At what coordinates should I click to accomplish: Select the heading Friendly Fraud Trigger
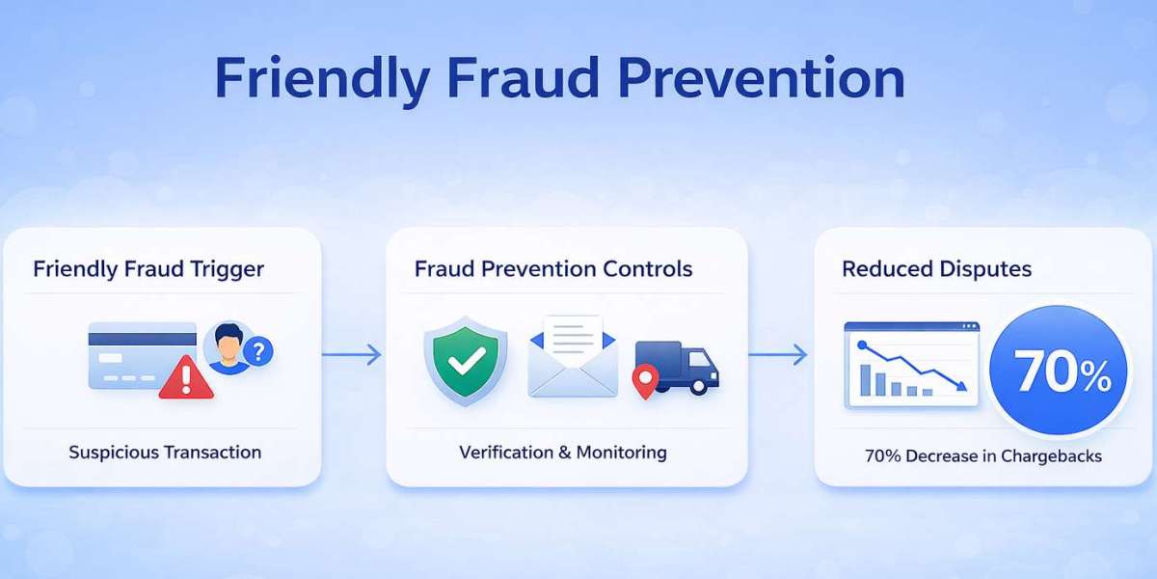pyautogui.click(x=148, y=268)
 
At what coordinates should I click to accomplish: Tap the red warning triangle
pyautogui.click(x=186, y=377)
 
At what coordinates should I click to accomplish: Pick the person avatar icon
pyautogui.click(x=228, y=348)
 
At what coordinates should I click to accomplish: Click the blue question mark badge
pyautogui.click(x=257, y=351)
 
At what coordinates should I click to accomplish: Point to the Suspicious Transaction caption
pyautogui.click(x=165, y=452)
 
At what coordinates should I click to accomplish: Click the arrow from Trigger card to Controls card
pyautogui.click(x=351, y=355)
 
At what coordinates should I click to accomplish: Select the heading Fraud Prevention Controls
pyautogui.click(x=553, y=268)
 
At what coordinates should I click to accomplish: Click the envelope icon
pyautogui.click(x=573, y=358)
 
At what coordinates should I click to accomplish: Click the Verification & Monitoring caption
pyautogui.click(x=563, y=452)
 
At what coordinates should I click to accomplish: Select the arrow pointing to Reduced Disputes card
pyautogui.click(x=778, y=355)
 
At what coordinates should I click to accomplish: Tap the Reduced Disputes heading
pyautogui.click(x=936, y=268)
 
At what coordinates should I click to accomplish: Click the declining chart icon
pyautogui.click(x=911, y=365)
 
